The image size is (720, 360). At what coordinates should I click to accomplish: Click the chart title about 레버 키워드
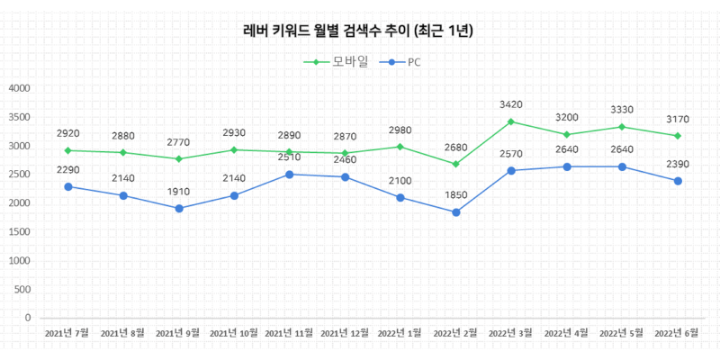[x=358, y=31]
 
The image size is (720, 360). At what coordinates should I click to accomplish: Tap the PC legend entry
[x=400, y=62]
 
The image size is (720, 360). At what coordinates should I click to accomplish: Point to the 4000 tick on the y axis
[x=19, y=88]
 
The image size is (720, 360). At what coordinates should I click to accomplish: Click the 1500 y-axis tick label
[x=19, y=232]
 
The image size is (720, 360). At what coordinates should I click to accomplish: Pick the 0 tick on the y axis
[x=28, y=318]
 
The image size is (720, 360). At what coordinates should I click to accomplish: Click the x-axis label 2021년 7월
[x=67, y=332]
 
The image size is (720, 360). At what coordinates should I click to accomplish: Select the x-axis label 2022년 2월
[x=455, y=332]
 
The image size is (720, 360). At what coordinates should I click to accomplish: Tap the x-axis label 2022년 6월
[x=678, y=332]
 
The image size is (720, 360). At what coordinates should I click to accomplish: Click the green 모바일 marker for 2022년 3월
[x=511, y=121]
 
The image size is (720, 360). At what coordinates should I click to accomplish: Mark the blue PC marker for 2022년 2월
[x=456, y=212]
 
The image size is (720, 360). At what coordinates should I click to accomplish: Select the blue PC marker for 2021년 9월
[x=179, y=209]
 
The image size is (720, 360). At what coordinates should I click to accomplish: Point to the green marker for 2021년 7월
[x=68, y=150]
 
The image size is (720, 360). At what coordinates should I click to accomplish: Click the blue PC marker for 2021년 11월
[x=289, y=175]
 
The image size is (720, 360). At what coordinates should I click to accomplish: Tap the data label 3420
[x=511, y=104]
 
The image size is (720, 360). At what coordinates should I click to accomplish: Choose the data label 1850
[x=456, y=195]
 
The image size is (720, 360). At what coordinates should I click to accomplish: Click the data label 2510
[x=289, y=157]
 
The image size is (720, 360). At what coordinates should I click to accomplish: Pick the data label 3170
[x=678, y=120]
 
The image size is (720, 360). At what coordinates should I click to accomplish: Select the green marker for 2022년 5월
[x=622, y=127]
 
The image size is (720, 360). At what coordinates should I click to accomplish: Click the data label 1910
[x=179, y=192]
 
